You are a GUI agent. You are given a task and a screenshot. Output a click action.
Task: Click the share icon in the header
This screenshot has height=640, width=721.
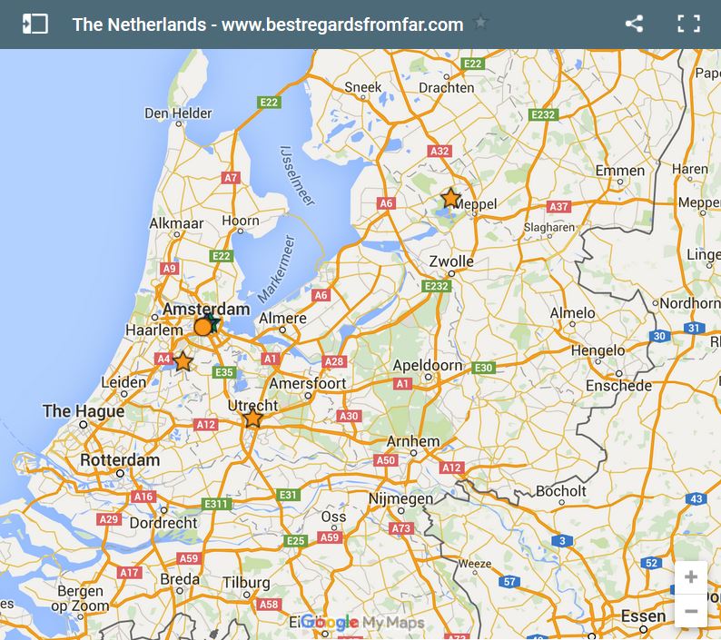pyautogui.click(x=634, y=25)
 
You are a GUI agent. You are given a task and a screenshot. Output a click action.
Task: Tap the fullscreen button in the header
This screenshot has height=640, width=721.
pyautogui.click(x=688, y=25)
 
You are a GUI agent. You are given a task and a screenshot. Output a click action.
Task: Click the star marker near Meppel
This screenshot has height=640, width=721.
pyautogui.click(x=450, y=198)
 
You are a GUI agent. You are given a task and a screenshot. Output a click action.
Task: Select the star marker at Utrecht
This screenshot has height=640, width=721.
pyautogui.click(x=252, y=418)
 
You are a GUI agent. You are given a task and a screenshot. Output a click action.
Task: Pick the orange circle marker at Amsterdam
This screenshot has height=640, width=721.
pyautogui.click(x=202, y=327)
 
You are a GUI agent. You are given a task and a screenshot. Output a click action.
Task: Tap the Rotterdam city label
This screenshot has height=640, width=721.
pyautogui.click(x=120, y=460)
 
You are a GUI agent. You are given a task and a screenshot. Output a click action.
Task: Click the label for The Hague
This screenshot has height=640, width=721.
pyautogui.click(x=84, y=411)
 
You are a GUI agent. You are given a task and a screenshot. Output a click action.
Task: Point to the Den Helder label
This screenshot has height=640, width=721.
pyautogui.click(x=178, y=113)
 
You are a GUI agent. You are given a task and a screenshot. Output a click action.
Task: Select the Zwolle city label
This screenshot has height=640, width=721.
pyautogui.click(x=451, y=261)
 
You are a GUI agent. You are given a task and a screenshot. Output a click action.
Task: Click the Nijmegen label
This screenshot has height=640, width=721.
pyautogui.click(x=400, y=499)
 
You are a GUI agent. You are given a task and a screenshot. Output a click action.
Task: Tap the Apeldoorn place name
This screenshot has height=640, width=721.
pyautogui.click(x=427, y=367)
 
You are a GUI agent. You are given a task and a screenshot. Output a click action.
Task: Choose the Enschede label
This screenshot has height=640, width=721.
pyautogui.click(x=618, y=386)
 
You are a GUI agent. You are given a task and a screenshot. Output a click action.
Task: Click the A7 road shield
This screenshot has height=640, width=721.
pyautogui.click(x=231, y=178)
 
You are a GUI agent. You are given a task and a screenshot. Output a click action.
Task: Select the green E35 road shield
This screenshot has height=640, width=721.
pyautogui.click(x=224, y=372)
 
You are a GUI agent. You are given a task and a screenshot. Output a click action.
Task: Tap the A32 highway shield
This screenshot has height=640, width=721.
pyautogui.click(x=440, y=152)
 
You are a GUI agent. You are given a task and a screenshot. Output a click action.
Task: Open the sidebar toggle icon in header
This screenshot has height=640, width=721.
pyautogui.click(x=35, y=25)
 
